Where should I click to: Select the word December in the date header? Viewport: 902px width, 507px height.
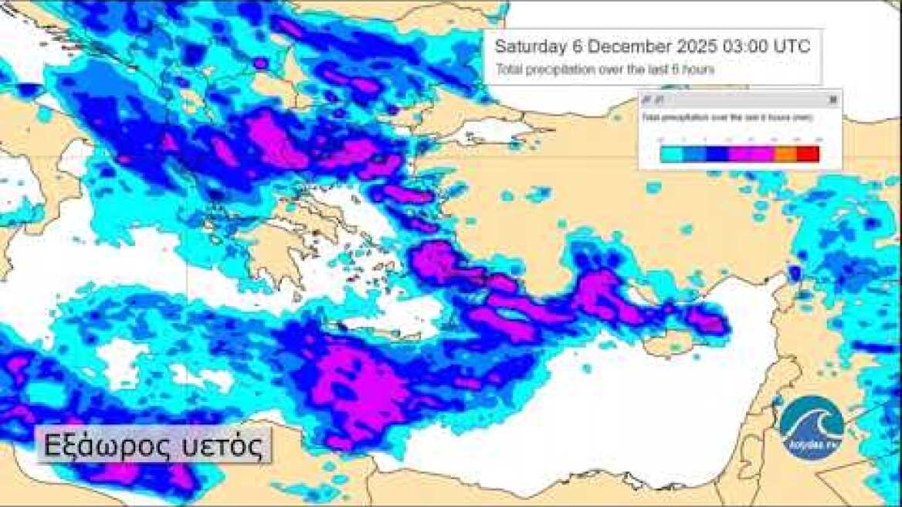(x=624, y=46)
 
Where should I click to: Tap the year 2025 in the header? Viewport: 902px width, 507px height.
(x=697, y=46)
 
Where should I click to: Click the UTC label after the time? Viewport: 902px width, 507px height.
(x=793, y=46)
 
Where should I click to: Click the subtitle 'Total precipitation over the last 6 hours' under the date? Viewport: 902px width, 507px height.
(x=604, y=70)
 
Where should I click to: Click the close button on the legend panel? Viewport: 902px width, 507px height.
(x=832, y=100)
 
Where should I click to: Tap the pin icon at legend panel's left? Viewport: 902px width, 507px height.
(x=647, y=100)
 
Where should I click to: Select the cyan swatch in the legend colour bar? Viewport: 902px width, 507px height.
(x=672, y=154)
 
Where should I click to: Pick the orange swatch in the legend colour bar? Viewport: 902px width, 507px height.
(x=785, y=154)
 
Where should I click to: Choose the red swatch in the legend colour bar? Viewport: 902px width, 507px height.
(x=807, y=154)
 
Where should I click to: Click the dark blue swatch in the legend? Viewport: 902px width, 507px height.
(x=717, y=154)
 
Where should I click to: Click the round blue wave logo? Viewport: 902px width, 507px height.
(x=812, y=427)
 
